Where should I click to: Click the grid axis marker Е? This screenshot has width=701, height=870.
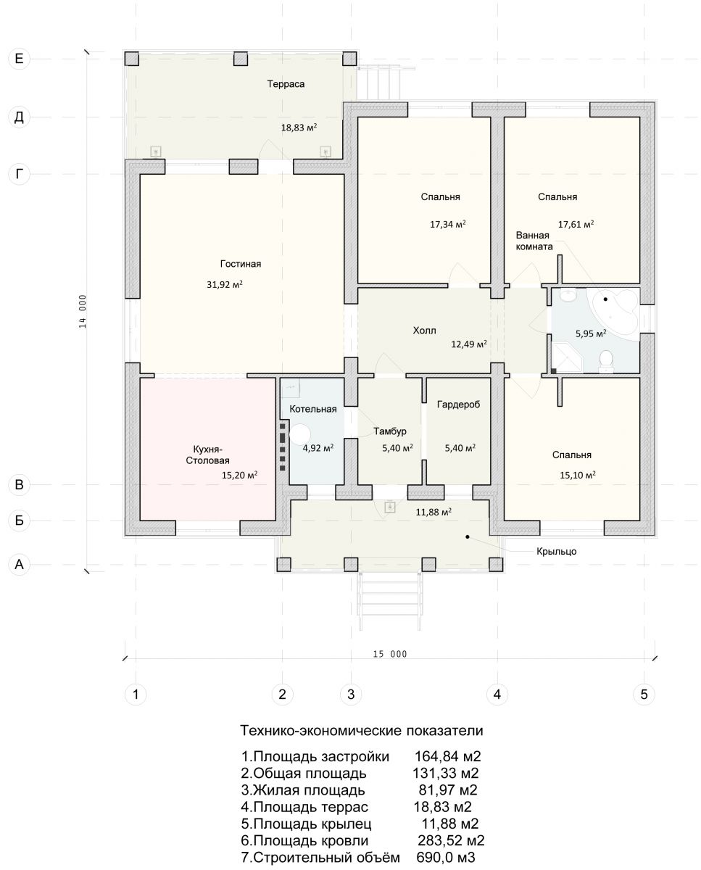[19, 59]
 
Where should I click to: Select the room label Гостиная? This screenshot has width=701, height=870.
[241, 264]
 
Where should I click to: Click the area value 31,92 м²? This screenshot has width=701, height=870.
[225, 284]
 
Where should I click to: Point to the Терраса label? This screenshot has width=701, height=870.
[286, 84]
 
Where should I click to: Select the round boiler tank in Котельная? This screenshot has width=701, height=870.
[300, 434]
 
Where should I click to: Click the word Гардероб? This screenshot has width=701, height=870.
[458, 405]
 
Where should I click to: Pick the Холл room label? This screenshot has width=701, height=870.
[425, 331]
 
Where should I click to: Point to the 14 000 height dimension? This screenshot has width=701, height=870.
[83, 311]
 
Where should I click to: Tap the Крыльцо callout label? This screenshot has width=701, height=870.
[556, 552]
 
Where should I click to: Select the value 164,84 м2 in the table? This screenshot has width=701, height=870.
[447, 756]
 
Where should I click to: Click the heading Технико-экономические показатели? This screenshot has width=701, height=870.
[362, 731]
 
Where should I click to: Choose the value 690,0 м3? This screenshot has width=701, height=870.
[446, 858]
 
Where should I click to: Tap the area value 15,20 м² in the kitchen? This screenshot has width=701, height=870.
[239, 475]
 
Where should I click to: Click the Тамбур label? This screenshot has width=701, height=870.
[390, 431]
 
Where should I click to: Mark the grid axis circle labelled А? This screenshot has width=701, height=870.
[19, 564]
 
